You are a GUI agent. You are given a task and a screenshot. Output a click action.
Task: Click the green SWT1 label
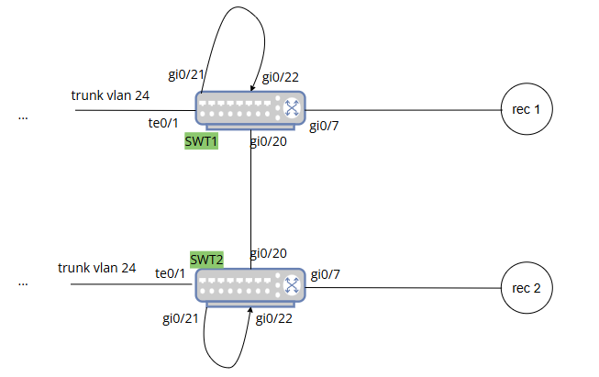tap(201, 142)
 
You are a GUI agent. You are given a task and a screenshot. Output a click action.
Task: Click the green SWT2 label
tap(206, 259)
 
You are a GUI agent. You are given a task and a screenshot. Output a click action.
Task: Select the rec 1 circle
tap(527, 110)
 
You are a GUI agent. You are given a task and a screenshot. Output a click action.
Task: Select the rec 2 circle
tap(527, 288)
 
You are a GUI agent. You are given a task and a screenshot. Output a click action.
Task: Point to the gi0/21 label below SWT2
tap(180, 317)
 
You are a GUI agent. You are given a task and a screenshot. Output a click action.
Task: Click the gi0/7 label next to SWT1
tap(325, 126)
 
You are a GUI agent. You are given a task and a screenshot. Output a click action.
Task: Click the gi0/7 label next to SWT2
tap(326, 274)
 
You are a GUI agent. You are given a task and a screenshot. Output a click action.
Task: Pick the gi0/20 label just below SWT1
tap(268, 141)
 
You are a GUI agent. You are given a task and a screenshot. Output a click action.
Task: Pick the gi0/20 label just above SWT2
tap(268, 253)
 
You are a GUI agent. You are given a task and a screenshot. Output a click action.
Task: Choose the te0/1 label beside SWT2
tap(170, 273)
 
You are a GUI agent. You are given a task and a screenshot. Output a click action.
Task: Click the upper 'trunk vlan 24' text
tap(110, 94)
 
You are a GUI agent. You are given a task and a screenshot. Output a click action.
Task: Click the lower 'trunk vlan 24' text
tap(96, 268)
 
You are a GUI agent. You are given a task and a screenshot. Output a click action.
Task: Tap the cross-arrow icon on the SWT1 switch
tap(292, 107)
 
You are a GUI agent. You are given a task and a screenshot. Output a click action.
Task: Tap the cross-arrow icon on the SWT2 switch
tap(292, 285)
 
